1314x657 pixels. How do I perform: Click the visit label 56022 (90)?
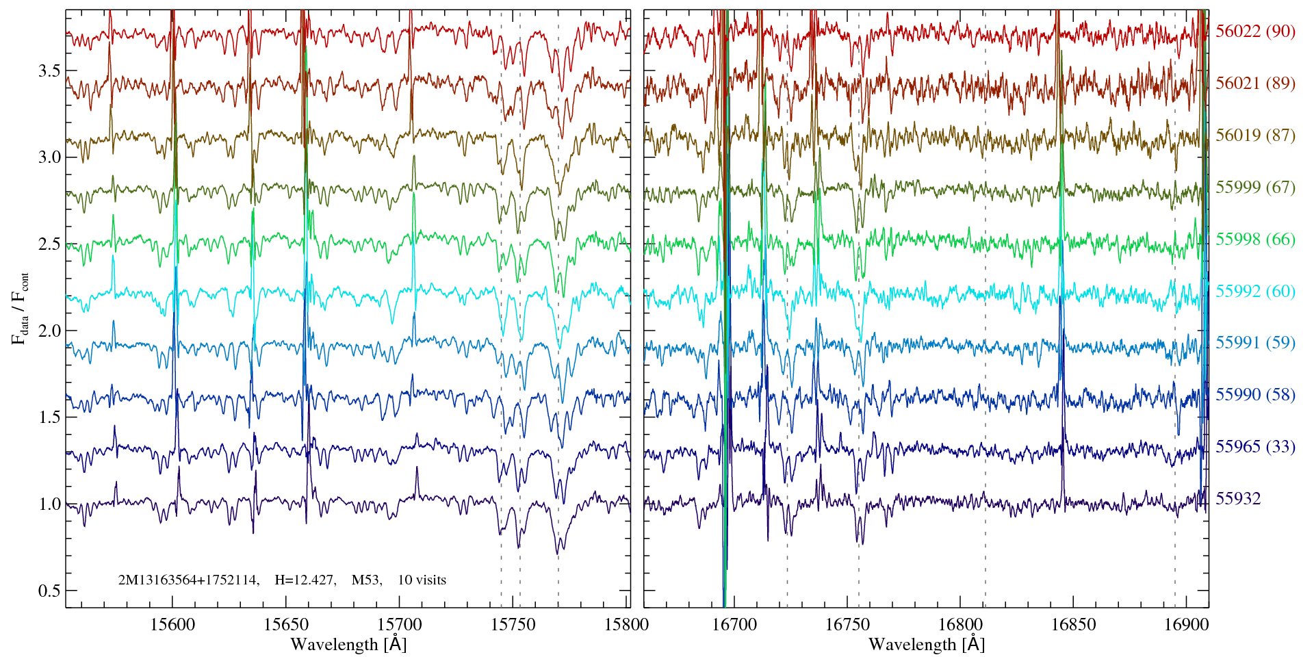(x=1255, y=31)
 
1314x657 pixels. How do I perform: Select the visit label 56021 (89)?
(x=1255, y=83)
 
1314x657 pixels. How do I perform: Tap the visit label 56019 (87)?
(x=1255, y=136)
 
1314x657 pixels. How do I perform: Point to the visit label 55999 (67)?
(x=1255, y=188)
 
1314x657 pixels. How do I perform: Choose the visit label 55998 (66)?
(x=1255, y=240)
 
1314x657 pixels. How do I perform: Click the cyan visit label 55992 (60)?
(x=1255, y=292)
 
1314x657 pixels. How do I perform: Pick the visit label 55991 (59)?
(x=1255, y=343)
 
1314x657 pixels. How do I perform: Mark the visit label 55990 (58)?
(x=1255, y=395)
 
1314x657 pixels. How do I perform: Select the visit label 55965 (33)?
(x=1255, y=447)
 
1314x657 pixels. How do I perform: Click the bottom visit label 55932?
(x=1238, y=499)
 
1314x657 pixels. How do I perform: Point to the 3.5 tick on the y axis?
(x=50, y=71)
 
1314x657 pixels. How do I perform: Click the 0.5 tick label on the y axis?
(x=50, y=591)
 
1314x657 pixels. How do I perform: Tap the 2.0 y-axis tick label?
(x=50, y=331)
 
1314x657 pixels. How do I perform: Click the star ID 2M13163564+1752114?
(x=188, y=580)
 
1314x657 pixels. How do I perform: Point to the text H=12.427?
(x=305, y=580)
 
